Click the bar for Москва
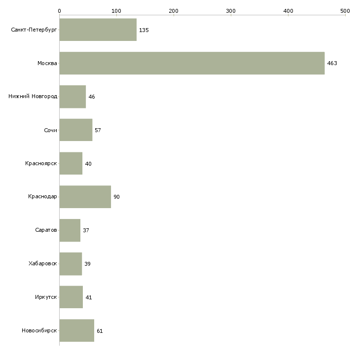point(192,63)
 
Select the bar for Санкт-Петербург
point(98,30)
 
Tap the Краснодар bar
point(85,197)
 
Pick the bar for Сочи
point(75,130)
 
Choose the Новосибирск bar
point(76,330)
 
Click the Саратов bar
point(70,230)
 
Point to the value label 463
point(332,63)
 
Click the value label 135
point(144,30)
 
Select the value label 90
point(116,197)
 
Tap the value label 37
point(86,230)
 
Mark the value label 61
point(100,331)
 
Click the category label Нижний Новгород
point(33,97)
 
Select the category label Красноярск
point(41,163)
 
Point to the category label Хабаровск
point(42,264)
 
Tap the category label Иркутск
point(46,297)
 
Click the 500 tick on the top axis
point(345,10)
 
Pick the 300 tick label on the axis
point(230,10)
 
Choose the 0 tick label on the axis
point(59,10)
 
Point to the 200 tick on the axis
point(173,10)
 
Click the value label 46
point(91,97)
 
